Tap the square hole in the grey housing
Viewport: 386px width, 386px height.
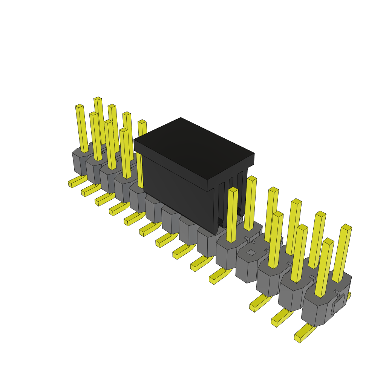tap(251, 252)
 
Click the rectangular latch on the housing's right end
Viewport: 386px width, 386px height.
tap(338, 304)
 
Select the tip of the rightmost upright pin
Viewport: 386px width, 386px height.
tap(346, 227)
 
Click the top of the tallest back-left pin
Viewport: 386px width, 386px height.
tap(98, 99)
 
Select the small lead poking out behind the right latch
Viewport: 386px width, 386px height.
tap(349, 296)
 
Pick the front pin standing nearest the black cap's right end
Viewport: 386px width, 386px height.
tap(232, 215)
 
